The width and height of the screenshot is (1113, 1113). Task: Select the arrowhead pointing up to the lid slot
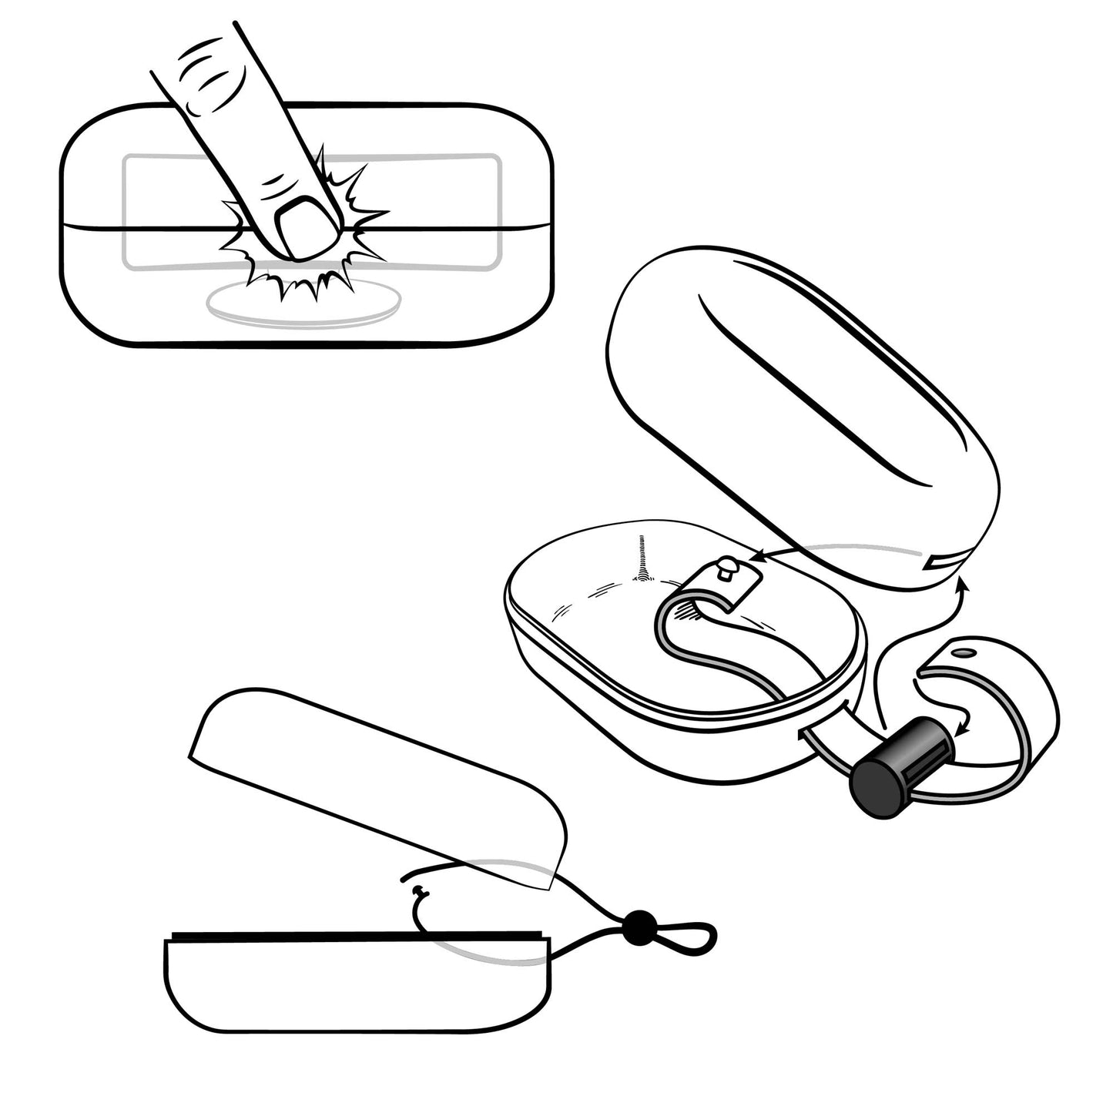coord(962,586)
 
